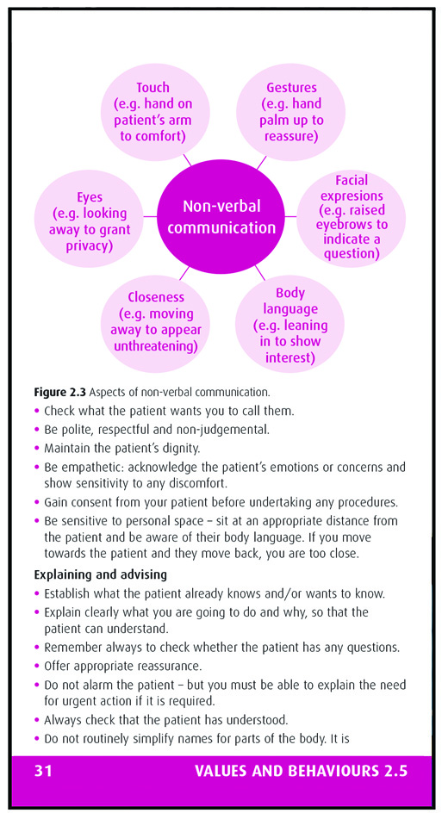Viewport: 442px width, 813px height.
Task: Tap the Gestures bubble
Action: pyautogui.click(x=290, y=111)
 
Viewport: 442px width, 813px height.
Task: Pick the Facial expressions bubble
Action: pyautogui.click(x=352, y=217)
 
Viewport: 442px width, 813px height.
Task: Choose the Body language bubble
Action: pyautogui.click(x=290, y=324)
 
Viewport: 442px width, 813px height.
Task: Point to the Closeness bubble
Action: pyautogui.click(x=154, y=321)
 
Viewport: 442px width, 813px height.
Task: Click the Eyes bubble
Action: pyautogui.click(x=90, y=219)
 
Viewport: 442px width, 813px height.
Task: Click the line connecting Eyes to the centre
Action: pyautogui.click(x=150, y=216)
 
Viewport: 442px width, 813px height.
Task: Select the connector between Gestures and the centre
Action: pyautogui.click(x=261, y=163)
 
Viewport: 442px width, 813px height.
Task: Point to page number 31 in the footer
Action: pyautogui.click(x=44, y=771)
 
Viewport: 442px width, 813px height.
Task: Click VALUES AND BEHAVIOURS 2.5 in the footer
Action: pyautogui.click(x=301, y=771)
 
